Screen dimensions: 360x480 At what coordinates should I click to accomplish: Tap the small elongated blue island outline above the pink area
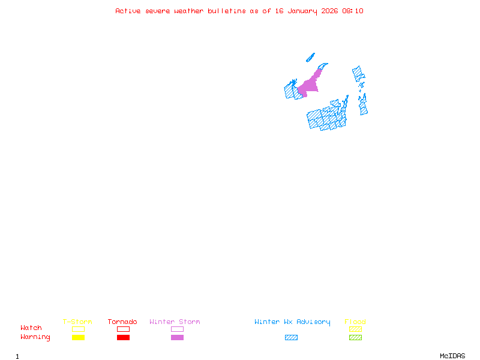pyautogui.click(x=310, y=58)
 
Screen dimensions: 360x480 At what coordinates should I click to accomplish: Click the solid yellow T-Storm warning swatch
pyautogui.click(x=78, y=337)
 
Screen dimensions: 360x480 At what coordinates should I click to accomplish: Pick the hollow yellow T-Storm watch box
pyautogui.click(x=78, y=329)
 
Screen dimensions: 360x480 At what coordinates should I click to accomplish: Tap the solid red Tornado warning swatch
pyautogui.click(x=123, y=337)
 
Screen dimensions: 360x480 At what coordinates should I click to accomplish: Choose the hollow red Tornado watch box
pyautogui.click(x=123, y=329)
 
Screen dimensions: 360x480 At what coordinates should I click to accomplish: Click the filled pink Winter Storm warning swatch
pyautogui.click(x=177, y=337)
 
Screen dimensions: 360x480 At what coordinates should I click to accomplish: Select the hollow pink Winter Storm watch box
pyautogui.click(x=177, y=329)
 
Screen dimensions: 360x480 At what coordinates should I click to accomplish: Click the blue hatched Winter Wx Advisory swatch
pyautogui.click(x=291, y=337)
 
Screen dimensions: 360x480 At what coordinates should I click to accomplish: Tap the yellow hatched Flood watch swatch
pyautogui.click(x=355, y=329)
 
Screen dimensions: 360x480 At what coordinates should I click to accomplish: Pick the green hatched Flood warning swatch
pyautogui.click(x=355, y=337)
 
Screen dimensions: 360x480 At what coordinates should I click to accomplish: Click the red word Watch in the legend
pyautogui.click(x=31, y=328)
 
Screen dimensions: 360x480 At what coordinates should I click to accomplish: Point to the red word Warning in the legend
pyautogui.click(x=35, y=337)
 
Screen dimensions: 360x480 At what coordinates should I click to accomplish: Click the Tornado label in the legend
pyautogui.click(x=122, y=322)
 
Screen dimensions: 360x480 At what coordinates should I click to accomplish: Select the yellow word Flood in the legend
pyautogui.click(x=355, y=322)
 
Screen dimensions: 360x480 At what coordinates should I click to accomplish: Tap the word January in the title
pyautogui.click(x=302, y=11)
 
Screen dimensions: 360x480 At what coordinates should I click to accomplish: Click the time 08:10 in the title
pyautogui.click(x=353, y=11)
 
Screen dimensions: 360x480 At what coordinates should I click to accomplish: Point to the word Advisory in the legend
pyautogui.click(x=313, y=322)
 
